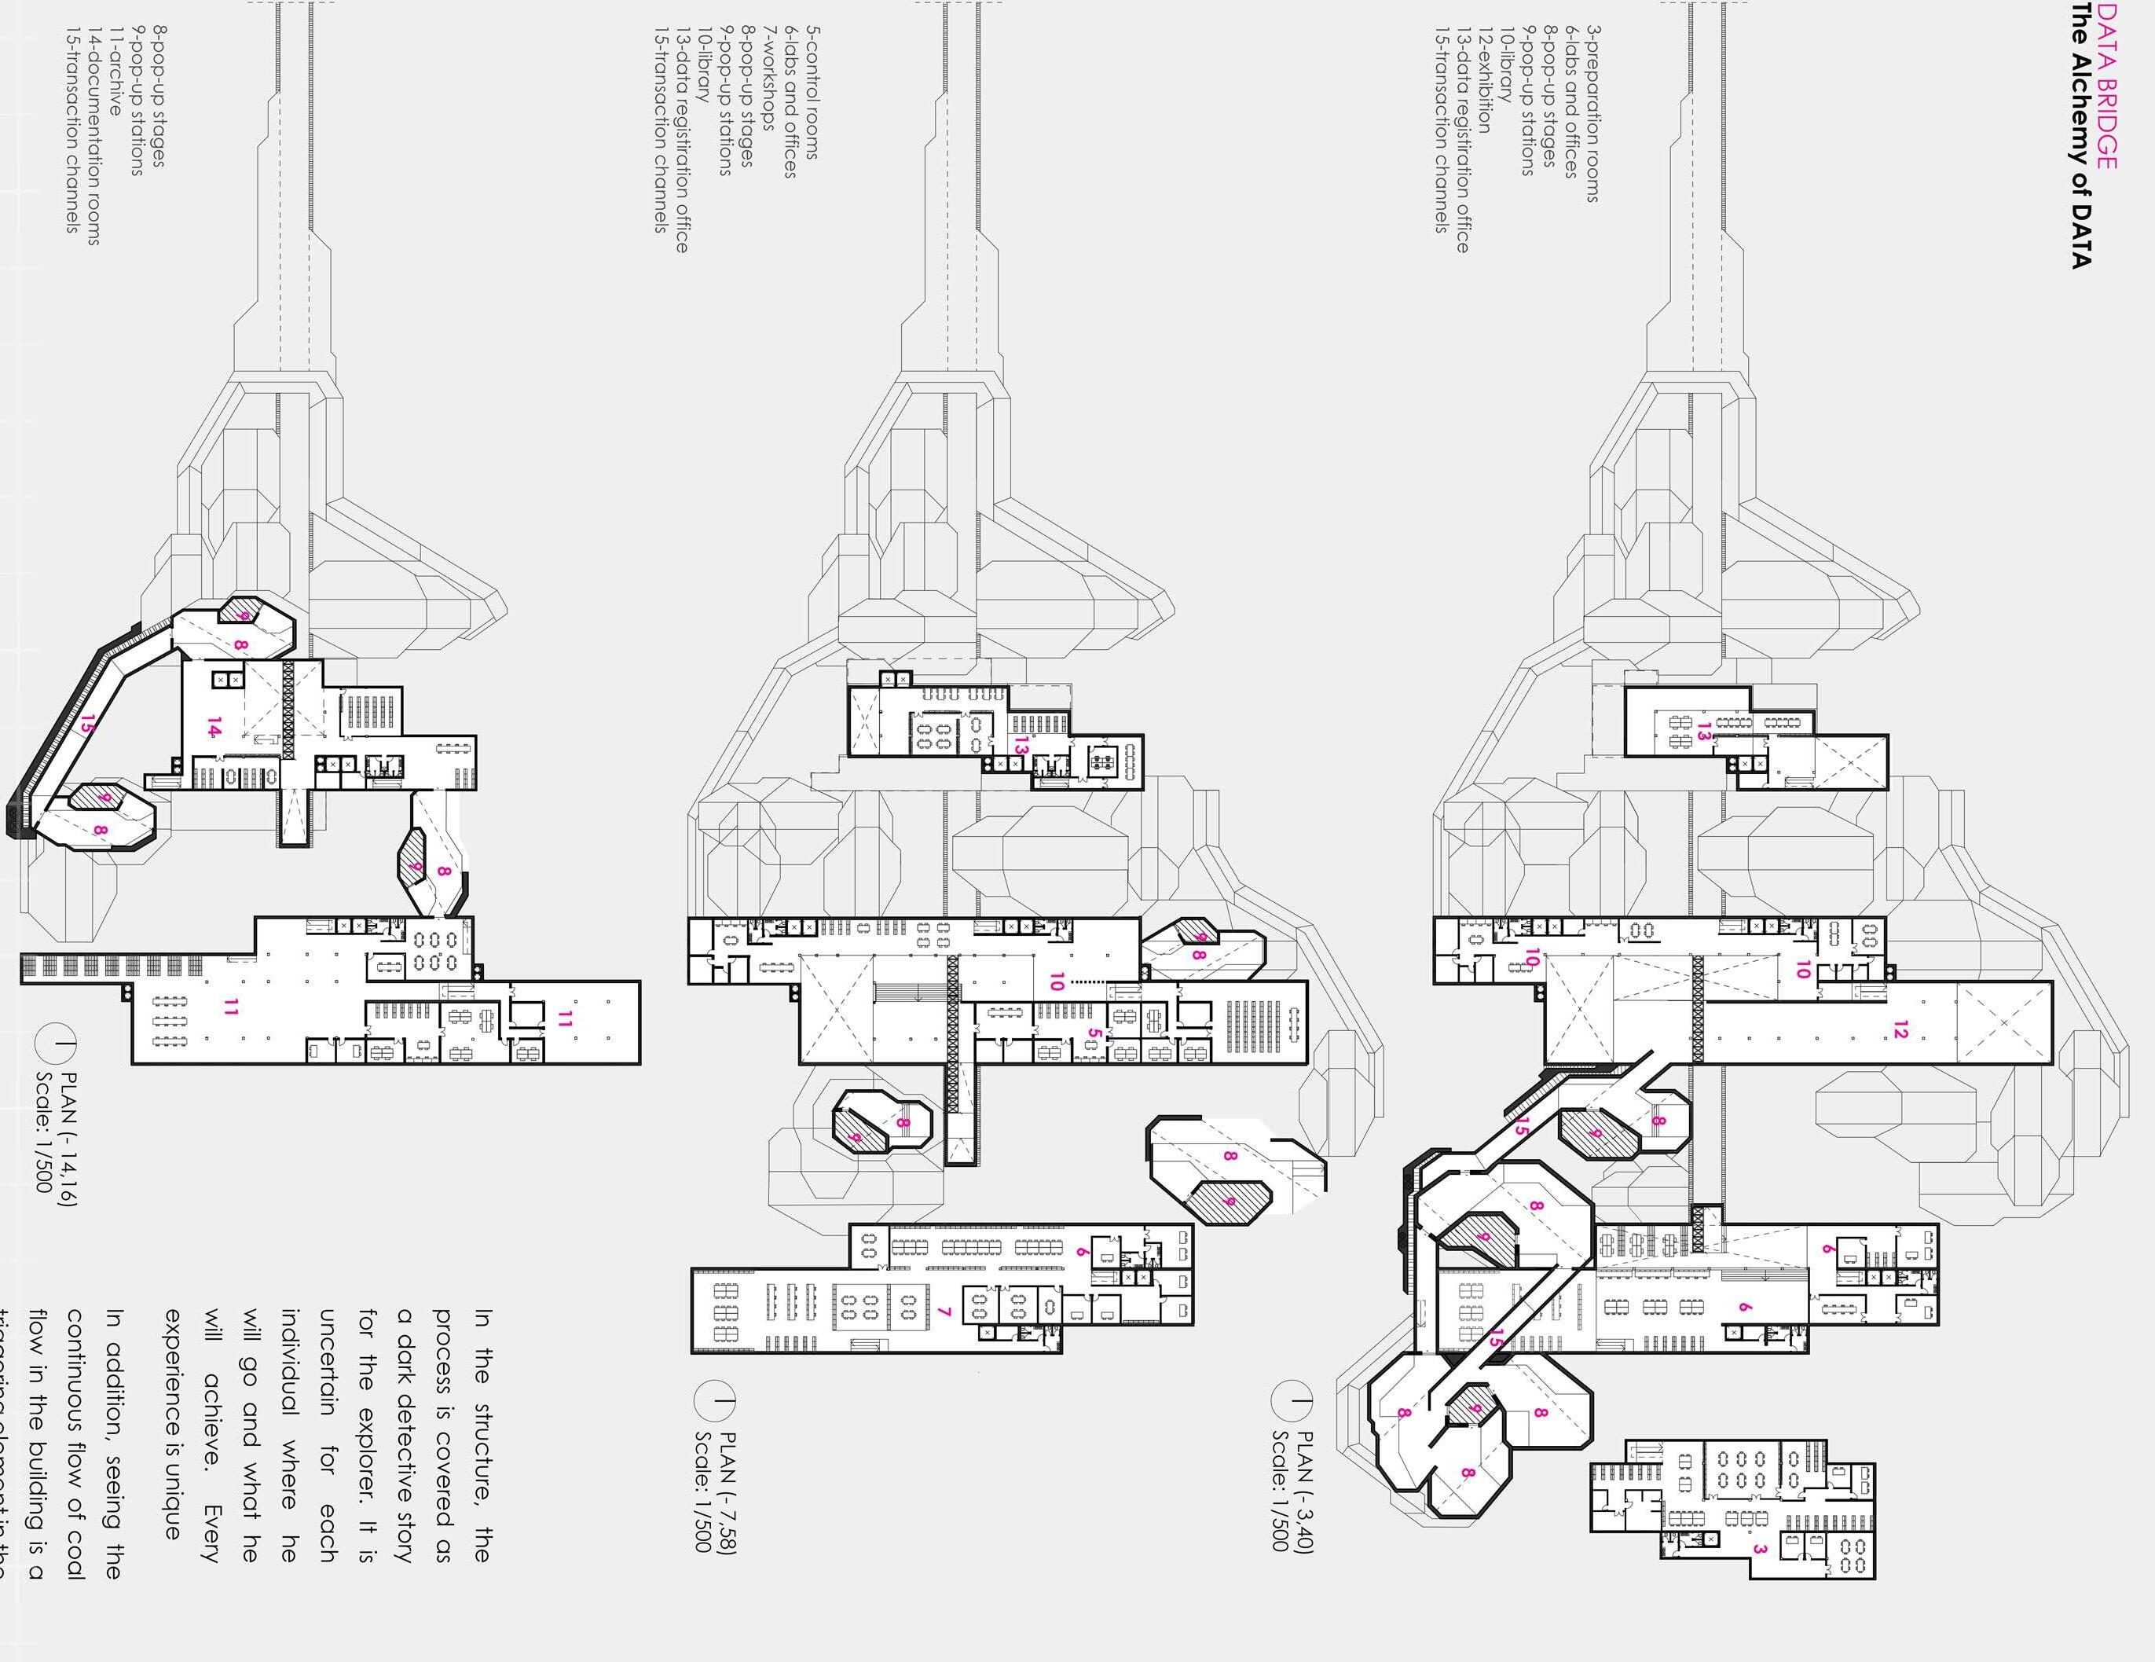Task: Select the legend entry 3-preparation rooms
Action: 1592,115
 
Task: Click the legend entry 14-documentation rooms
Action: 93,135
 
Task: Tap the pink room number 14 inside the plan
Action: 213,729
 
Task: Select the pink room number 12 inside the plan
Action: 1900,1031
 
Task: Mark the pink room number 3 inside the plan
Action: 1759,1550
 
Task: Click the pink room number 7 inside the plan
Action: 944,1312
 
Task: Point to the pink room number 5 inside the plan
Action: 1094,1034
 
